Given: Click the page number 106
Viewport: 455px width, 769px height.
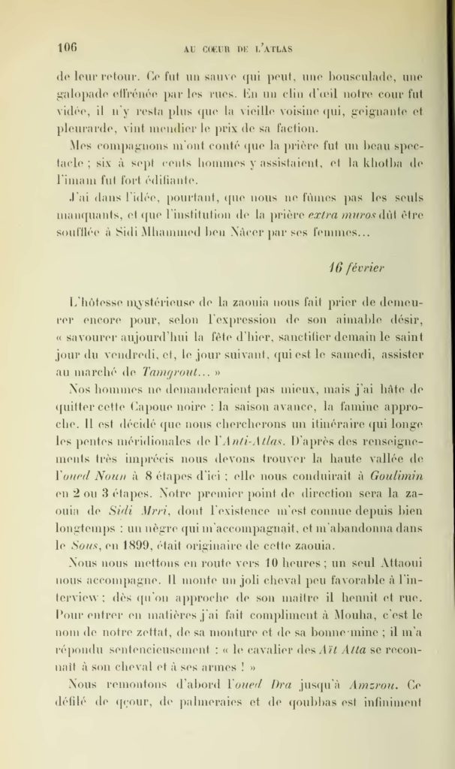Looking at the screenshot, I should click(x=67, y=47).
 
